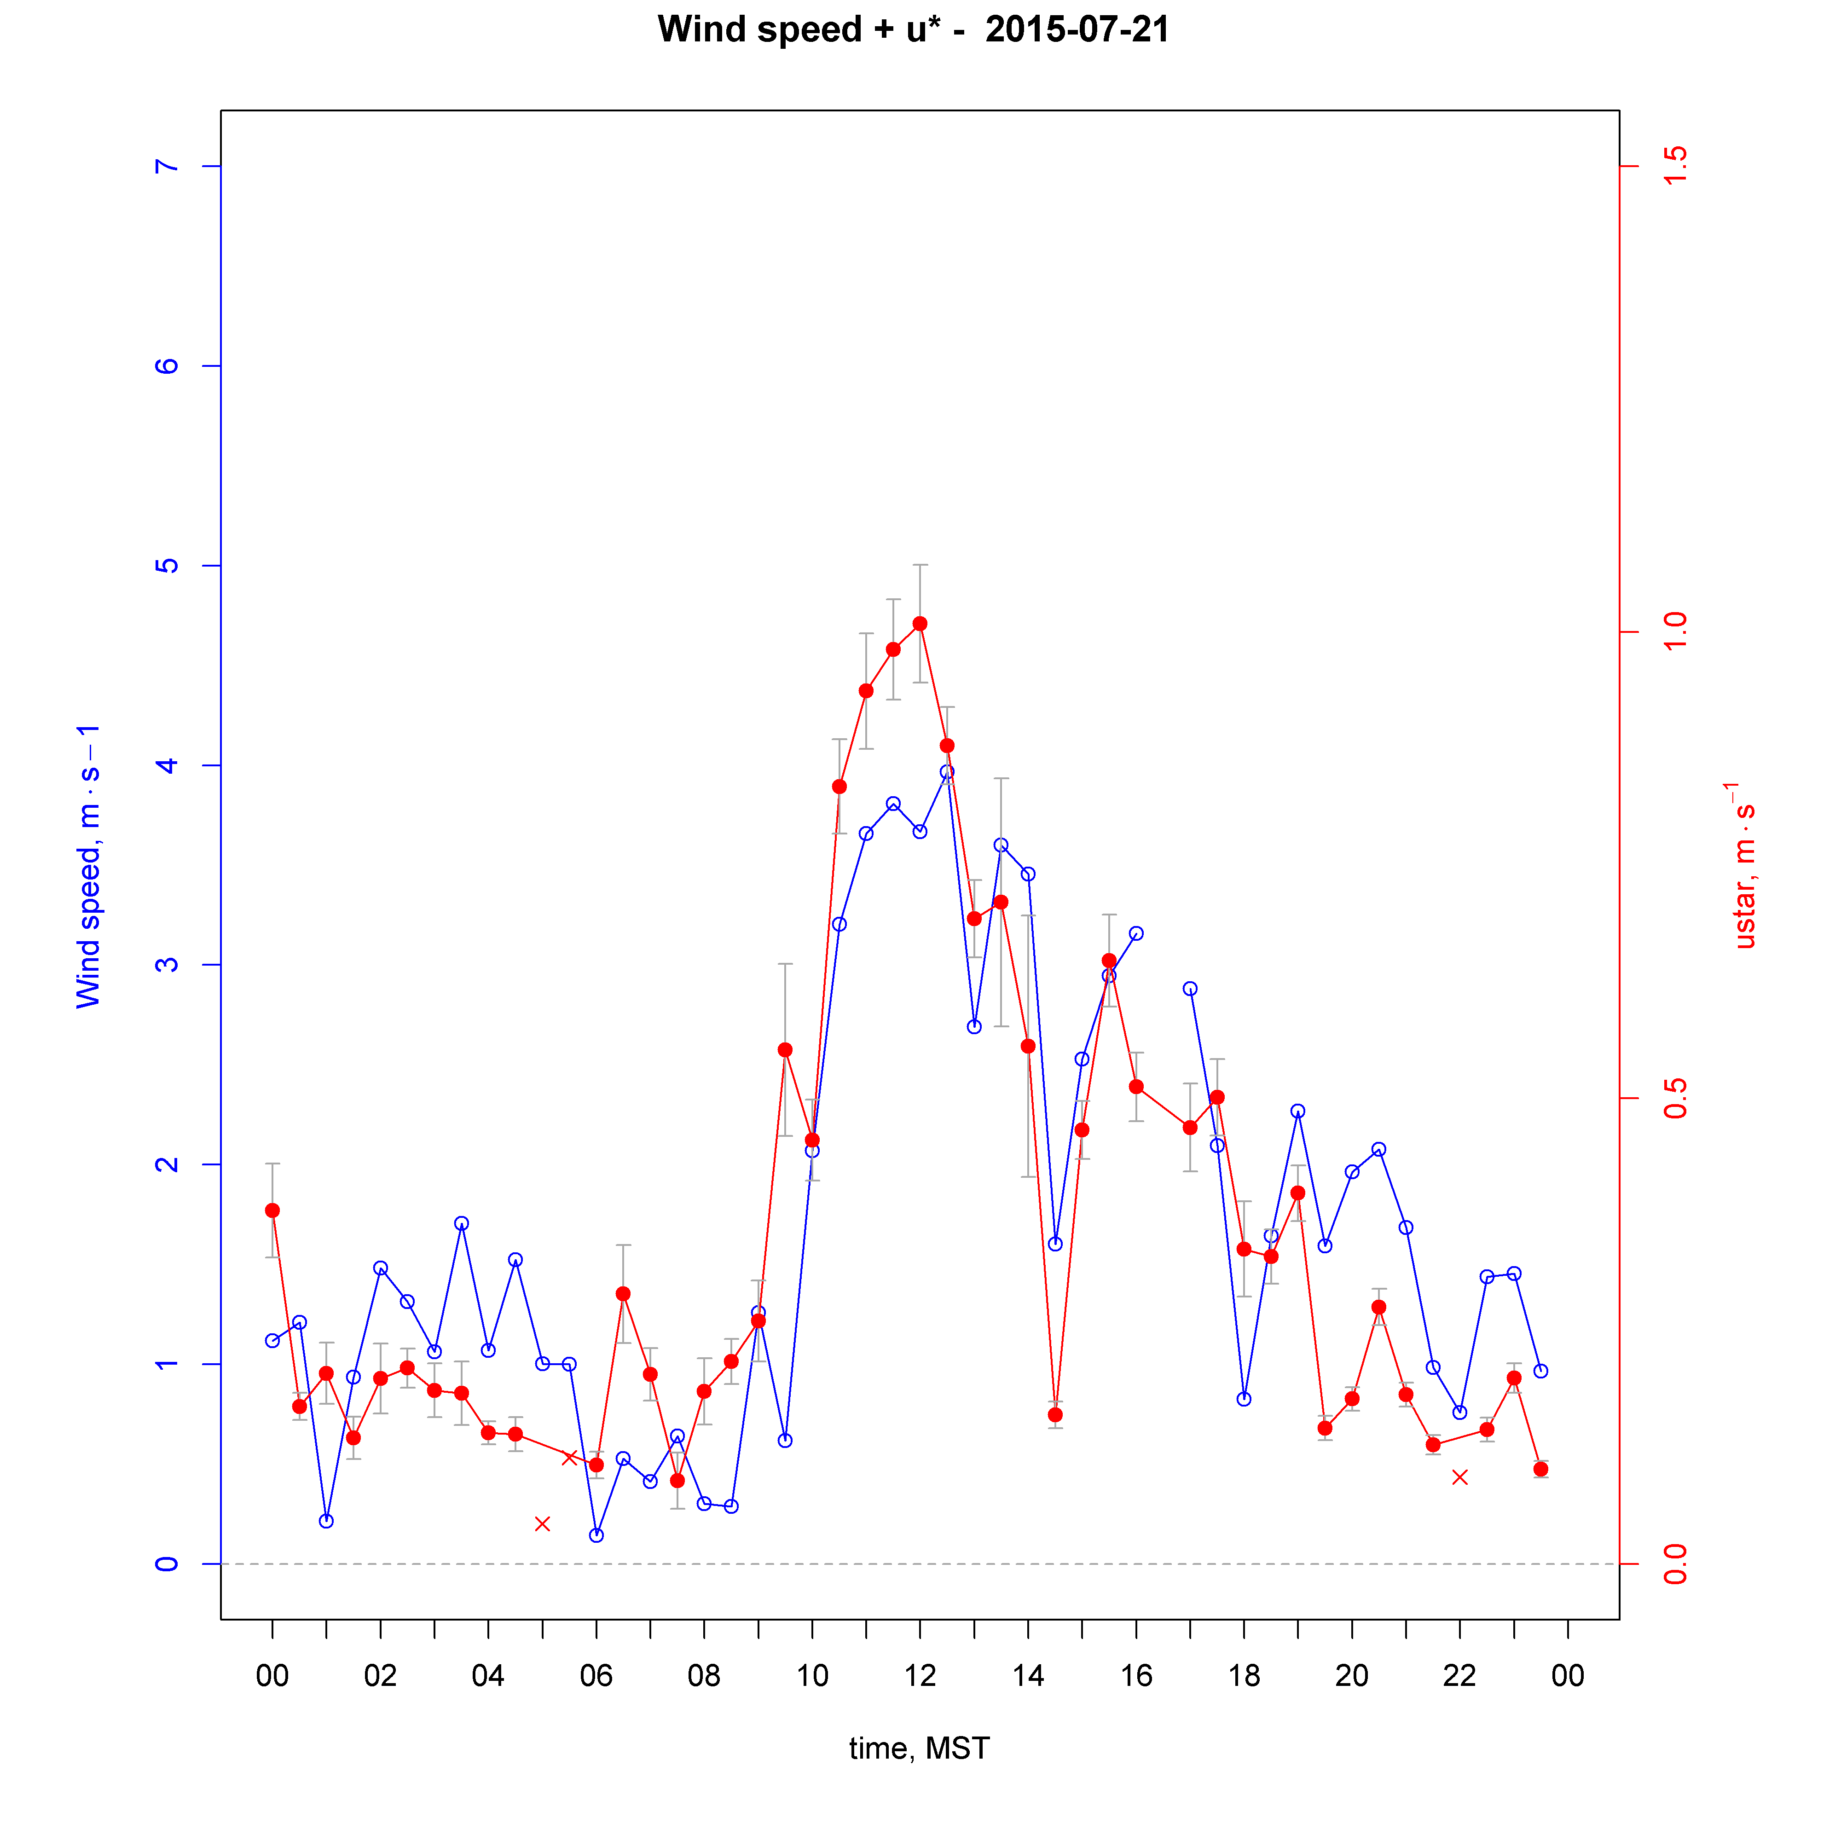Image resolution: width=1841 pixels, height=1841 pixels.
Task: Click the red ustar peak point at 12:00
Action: coord(920,623)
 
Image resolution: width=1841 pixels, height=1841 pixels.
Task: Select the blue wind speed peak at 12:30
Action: coord(946,772)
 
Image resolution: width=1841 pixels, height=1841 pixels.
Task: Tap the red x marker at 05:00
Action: coord(542,1524)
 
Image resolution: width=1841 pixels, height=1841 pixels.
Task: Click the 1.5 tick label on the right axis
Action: coord(1674,167)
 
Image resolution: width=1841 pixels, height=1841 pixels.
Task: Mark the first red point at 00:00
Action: coord(272,1210)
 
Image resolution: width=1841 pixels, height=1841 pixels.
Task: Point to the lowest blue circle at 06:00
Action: coord(596,1535)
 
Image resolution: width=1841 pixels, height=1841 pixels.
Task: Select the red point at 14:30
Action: coord(1055,1415)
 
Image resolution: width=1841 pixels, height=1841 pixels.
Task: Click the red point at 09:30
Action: coord(784,1050)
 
